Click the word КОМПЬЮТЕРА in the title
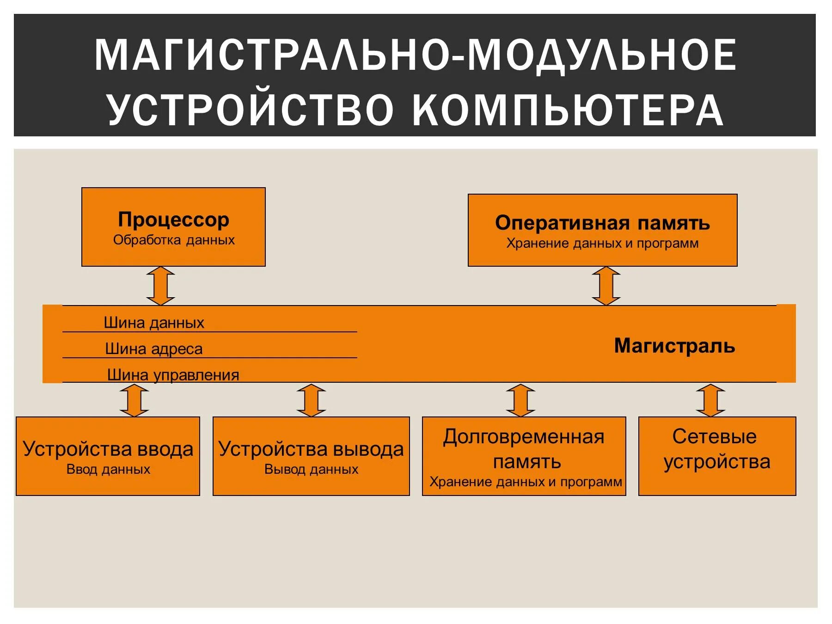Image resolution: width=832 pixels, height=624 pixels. [x=567, y=110]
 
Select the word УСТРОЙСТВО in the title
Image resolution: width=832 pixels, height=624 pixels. [x=251, y=110]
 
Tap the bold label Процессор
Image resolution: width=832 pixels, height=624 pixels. [x=173, y=220]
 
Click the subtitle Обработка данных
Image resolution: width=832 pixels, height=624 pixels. [x=174, y=240]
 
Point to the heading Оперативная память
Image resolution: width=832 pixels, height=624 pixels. [x=602, y=223]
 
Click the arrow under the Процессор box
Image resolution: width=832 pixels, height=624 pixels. [x=160, y=286]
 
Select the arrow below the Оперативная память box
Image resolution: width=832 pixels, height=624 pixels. [x=606, y=286]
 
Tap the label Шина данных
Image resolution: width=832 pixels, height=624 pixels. [x=154, y=323]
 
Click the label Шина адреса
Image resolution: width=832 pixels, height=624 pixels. [x=154, y=349]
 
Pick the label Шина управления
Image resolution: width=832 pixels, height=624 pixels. [x=173, y=375]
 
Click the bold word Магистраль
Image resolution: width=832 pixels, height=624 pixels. [x=674, y=346]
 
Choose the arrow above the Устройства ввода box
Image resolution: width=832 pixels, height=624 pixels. [x=134, y=400]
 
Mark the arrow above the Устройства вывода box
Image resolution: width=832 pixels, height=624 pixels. [x=311, y=400]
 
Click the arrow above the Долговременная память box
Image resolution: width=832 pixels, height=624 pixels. [x=520, y=400]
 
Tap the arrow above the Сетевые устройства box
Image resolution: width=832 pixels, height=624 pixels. [x=710, y=400]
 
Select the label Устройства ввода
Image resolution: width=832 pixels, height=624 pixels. [x=108, y=449]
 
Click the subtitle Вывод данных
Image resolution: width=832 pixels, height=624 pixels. [x=311, y=469]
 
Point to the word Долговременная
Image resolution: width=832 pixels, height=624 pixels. [x=524, y=437]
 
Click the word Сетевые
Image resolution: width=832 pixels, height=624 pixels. [x=715, y=436]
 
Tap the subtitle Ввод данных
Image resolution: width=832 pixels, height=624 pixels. [x=108, y=469]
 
